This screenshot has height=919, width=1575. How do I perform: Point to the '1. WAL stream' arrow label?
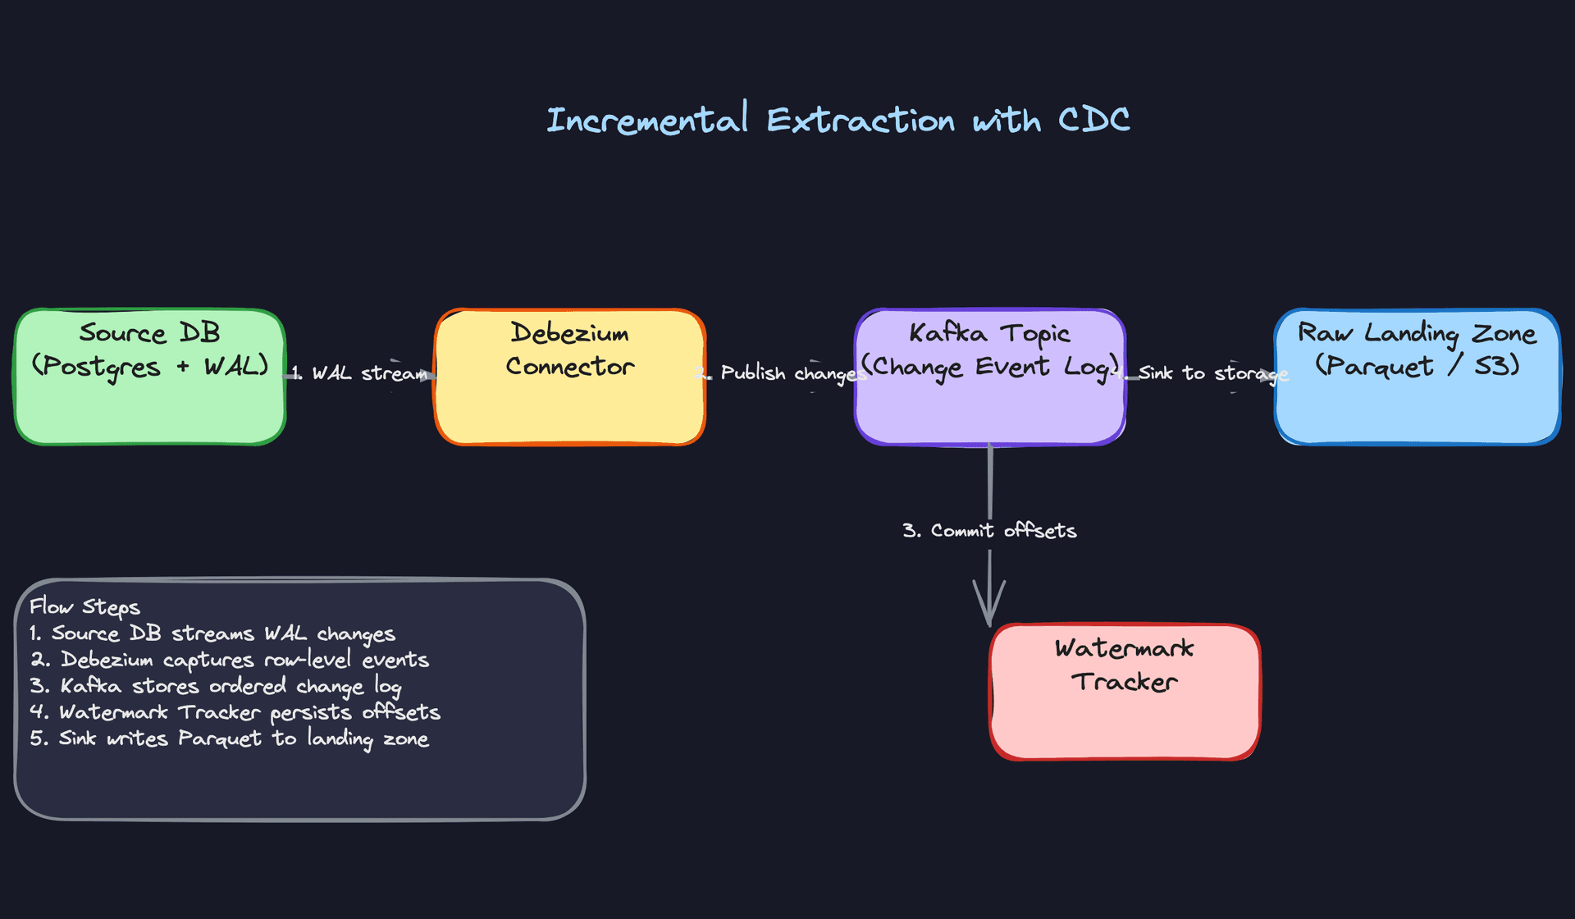361,373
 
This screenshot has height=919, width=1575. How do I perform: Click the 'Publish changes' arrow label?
787,373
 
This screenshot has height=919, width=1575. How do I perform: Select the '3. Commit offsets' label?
989,531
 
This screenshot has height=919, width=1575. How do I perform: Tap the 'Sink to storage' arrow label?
1210,373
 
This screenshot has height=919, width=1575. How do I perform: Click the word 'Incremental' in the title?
647,120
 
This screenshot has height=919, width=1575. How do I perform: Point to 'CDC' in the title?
1093,120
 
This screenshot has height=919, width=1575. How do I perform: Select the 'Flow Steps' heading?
84,607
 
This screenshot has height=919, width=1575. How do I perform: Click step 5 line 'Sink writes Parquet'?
230,738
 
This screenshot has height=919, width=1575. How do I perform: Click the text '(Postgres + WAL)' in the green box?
149,366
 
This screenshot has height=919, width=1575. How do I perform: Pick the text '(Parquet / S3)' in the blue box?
1417,366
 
